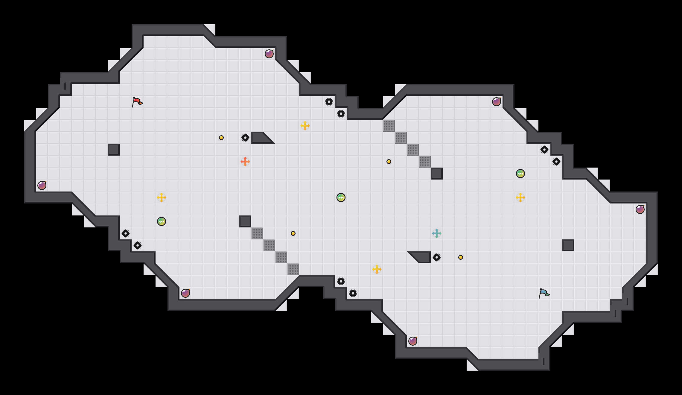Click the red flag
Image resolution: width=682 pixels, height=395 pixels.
click(137, 102)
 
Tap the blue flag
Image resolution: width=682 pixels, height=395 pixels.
click(544, 293)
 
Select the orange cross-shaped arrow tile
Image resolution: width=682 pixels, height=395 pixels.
click(245, 162)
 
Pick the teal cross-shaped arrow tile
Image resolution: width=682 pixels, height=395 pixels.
click(437, 233)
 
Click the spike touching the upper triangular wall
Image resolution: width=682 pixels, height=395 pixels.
click(245, 138)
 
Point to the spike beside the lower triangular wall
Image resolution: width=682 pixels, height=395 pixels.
click(437, 257)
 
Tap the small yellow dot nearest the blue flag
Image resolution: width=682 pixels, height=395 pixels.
click(461, 257)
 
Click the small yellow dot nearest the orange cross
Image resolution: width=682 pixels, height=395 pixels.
click(221, 138)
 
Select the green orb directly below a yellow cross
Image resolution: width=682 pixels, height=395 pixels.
click(162, 221)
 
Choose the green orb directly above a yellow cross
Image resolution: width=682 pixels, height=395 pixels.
click(520, 174)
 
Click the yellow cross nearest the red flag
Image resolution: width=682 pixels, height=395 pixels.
click(162, 197)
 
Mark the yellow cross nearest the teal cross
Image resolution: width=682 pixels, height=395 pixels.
click(377, 269)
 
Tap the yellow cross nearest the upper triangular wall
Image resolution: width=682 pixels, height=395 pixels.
click(305, 126)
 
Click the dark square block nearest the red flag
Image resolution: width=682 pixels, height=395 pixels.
click(114, 150)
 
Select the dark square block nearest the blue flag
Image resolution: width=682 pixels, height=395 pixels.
click(568, 245)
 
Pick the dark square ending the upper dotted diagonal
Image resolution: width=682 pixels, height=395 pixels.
click(437, 174)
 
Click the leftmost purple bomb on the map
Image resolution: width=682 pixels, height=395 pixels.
click(42, 186)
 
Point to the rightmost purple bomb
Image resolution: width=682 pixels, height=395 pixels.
click(640, 209)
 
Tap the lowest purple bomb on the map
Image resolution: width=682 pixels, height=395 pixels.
click(413, 341)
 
